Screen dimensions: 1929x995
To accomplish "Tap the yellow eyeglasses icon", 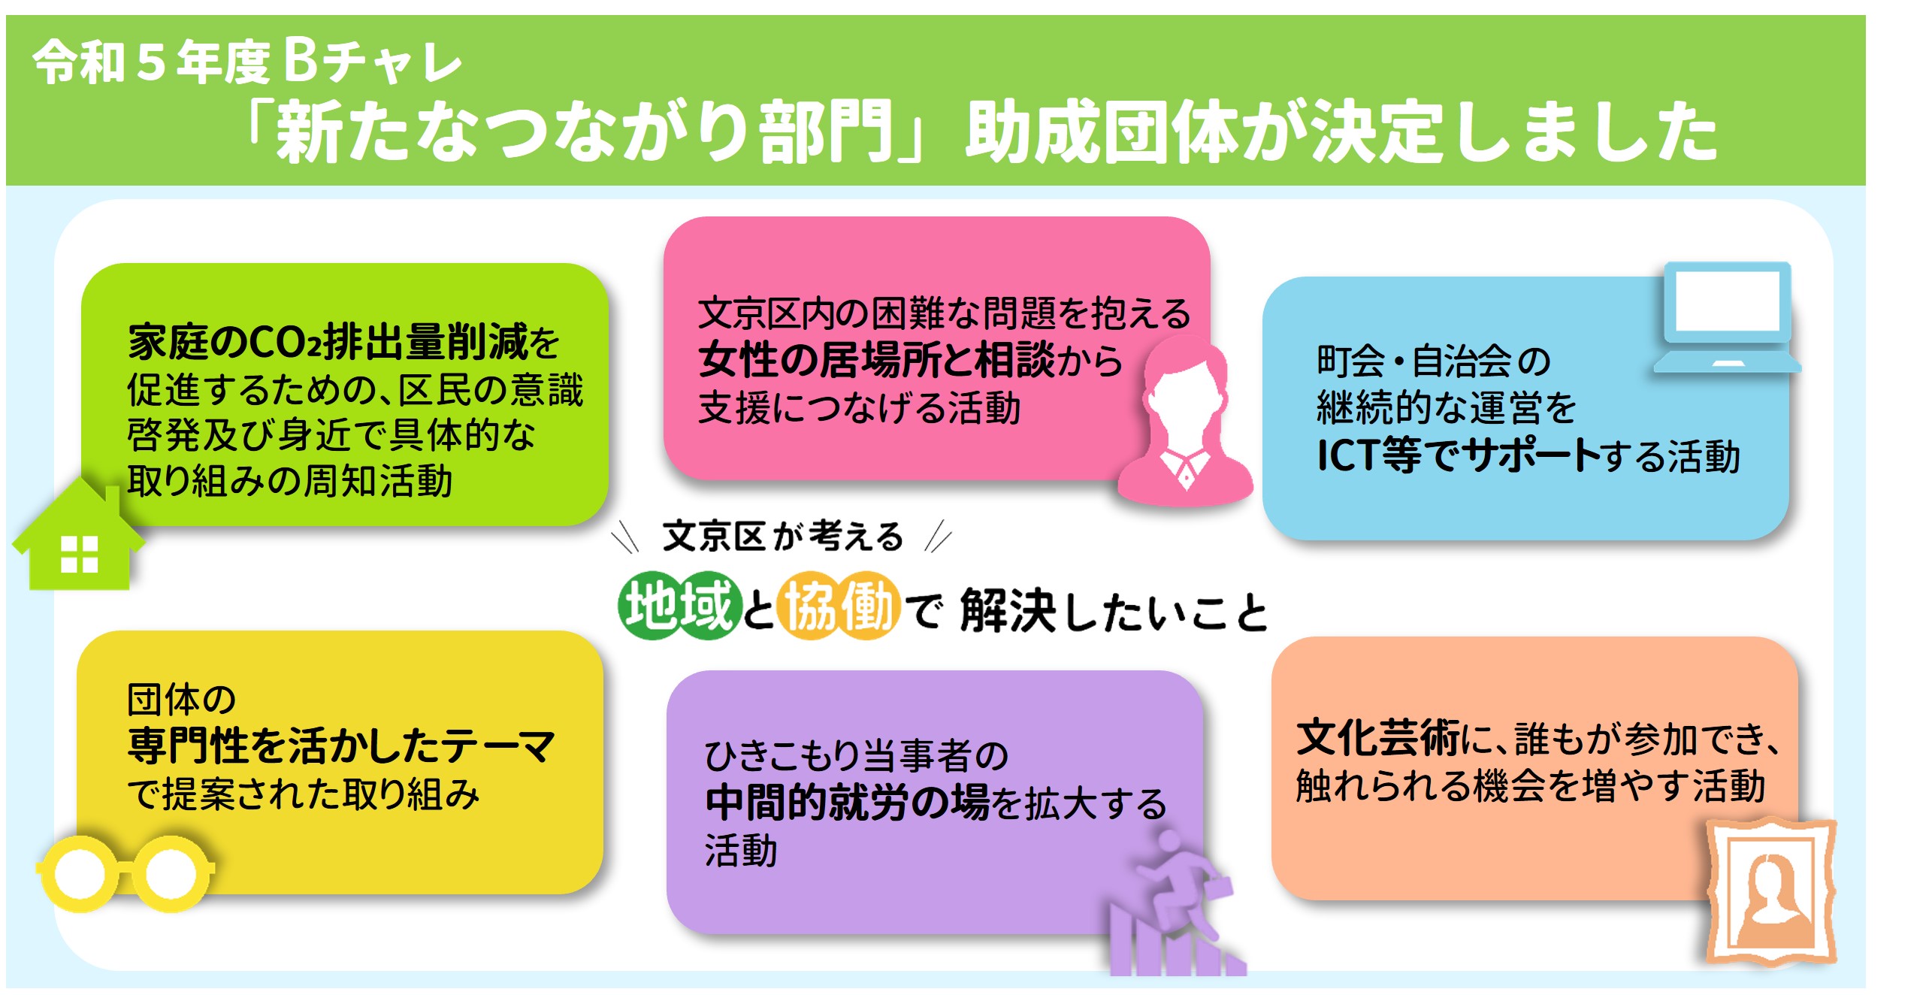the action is click(125, 873).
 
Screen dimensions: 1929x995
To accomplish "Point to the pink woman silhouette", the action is click(1185, 421).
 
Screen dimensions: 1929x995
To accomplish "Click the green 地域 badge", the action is click(679, 606).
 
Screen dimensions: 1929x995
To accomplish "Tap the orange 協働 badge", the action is click(839, 606).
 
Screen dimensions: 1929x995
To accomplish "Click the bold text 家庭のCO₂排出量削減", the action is click(328, 342).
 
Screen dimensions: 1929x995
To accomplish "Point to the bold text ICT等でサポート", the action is click(1459, 455).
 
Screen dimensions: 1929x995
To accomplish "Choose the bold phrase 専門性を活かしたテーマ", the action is click(341, 746).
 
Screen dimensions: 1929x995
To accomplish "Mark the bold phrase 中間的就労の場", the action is click(847, 802).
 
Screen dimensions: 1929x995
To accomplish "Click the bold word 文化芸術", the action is click(1378, 738).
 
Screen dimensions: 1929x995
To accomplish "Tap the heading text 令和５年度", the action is click(151, 62).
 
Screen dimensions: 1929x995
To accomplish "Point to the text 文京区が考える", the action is click(782, 536).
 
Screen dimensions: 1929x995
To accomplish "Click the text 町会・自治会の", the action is click(1434, 361).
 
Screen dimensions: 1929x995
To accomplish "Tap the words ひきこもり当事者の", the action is click(856, 755).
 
